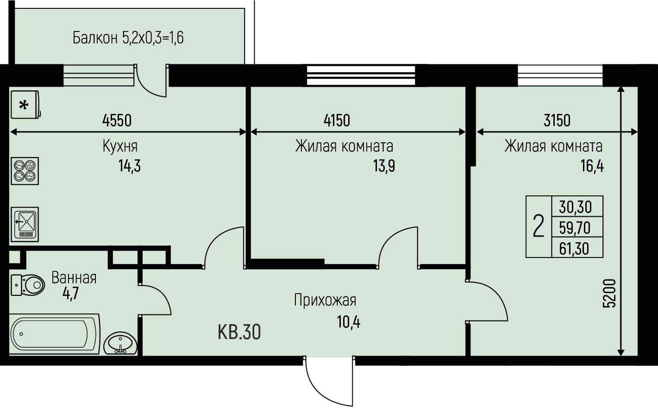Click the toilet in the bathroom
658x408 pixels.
tap(28, 285)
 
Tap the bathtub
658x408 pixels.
tap(54, 334)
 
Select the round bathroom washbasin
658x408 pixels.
tap(120, 343)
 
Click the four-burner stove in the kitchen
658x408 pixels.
tap(25, 171)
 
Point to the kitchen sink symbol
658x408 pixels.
tap(25, 225)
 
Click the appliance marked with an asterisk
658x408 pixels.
tap(25, 105)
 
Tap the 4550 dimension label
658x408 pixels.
tap(117, 120)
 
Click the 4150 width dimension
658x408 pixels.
tap(337, 120)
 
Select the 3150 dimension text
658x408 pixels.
tap(557, 120)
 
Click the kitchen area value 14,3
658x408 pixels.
tap(130, 166)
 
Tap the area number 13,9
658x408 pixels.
tap(384, 166)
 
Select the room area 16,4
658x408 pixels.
tap(592, 166)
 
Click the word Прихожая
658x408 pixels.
tap(325, 300)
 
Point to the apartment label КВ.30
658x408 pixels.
tap(239, 332)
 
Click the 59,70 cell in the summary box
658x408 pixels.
tap(575, 228)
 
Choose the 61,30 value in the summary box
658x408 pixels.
tap(574, 249)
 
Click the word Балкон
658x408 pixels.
tap(95, 38)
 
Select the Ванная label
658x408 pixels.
tap(74, 278)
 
